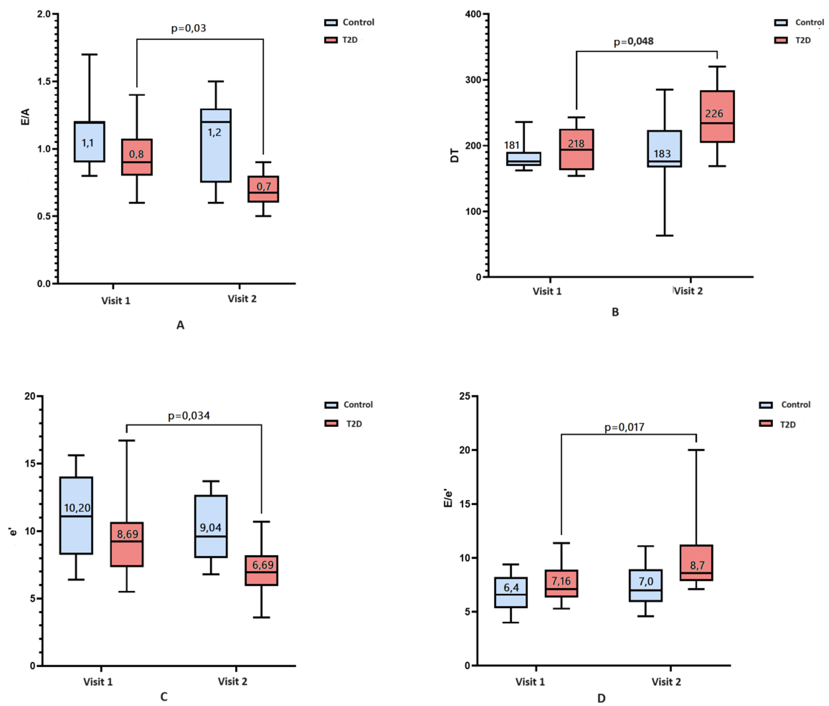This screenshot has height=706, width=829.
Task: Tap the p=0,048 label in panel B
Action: coord(633,41)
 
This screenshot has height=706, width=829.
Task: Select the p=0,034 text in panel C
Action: coord(188,416)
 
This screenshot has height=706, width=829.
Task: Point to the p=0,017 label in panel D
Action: coord(624,427)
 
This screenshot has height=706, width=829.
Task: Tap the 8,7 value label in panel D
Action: coord(697,565)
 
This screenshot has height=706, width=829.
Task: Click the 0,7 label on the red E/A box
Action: coord(264,186)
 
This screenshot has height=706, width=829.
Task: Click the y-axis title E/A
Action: coord(25,117)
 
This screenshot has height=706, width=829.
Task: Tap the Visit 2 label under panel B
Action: coord(688,291)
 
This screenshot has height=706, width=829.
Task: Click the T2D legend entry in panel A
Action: coord(349,40)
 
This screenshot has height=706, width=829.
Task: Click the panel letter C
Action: coord(164,697)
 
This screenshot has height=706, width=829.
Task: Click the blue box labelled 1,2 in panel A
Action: coord(216,152)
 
